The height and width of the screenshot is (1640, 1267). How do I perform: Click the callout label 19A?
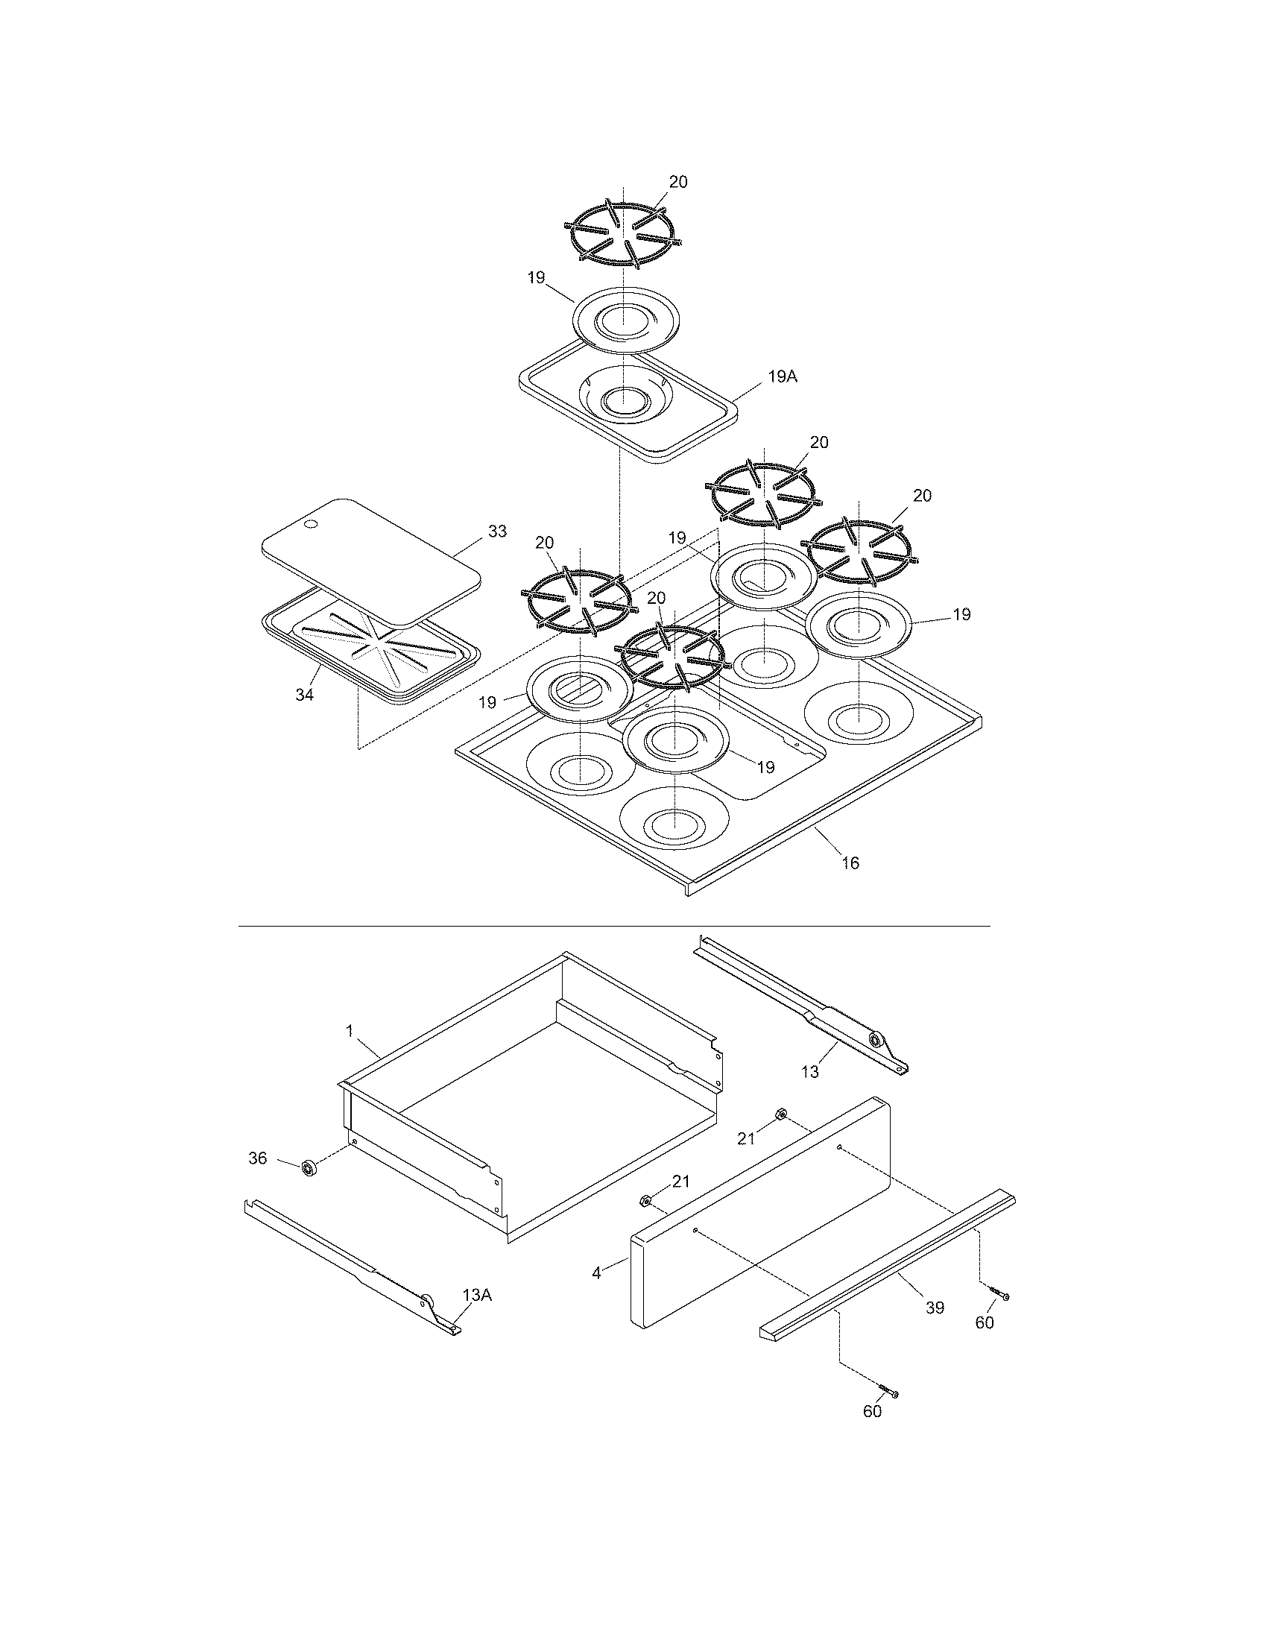click(x=782, y=377)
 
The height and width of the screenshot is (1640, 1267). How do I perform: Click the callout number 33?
click(x=497, y=532)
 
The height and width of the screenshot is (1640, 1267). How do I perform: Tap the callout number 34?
click(x=304, y=696)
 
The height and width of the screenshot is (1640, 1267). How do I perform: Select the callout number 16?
click(x=850, y=862)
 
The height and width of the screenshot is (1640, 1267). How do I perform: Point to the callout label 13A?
click(x=477, y=1295)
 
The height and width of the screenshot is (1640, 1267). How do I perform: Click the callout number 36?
click(x=257, y=1158)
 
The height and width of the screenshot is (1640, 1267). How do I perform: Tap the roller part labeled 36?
click(x=308, y=1169)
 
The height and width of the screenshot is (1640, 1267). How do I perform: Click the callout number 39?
click(x=934, y=1308)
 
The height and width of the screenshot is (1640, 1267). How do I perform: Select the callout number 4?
click(x=596, y=1273)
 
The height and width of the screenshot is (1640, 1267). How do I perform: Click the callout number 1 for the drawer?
click(x=350, y=1031)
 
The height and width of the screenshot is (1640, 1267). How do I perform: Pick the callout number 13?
click(x=810, y=1072)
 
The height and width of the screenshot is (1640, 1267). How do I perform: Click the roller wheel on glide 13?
click(x=874, y=1040)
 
